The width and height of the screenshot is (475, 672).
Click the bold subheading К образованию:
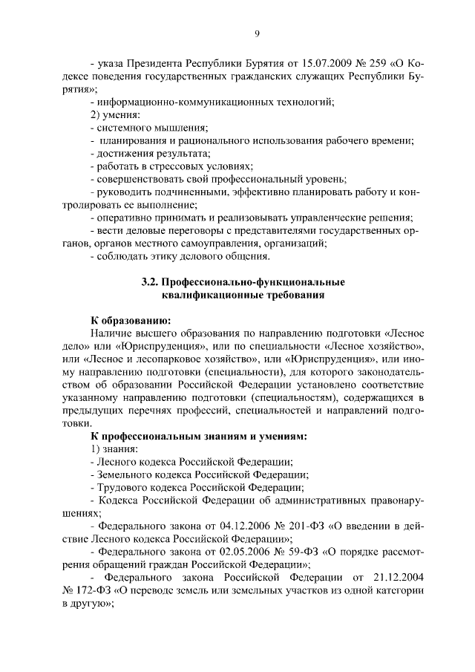[x=131, y=321]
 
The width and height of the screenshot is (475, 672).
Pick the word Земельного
[x=123, y=475]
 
